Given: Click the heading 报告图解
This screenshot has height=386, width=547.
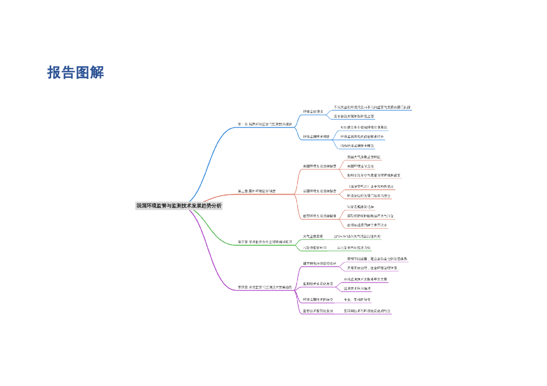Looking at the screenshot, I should pyautogui.click(x=75, y=73).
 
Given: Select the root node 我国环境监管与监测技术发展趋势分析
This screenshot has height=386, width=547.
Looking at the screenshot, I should pyautogui.click(x=178, y=205).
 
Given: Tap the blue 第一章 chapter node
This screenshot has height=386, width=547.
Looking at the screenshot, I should pyautogui.click(x=264, y=124).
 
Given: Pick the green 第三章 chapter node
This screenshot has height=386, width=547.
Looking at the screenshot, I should pyautogui.click(x=265, y=242).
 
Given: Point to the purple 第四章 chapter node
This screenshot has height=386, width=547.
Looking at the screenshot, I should pyautogui.click(x=265, y=287).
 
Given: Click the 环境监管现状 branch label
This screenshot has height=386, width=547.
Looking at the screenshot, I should pyautogui.click(x=313, y=111).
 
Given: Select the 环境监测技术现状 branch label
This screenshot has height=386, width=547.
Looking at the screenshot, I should pyautogui.click(x=317, y=136).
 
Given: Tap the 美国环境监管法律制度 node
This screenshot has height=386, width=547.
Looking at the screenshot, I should pyautogui.click(x=319, y=166).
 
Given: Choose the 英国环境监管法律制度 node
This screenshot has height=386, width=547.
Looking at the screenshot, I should pyautogui.click(x=319, y=191).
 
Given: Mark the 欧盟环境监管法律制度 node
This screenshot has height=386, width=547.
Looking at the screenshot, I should pyautogui.click(x=319, y=216).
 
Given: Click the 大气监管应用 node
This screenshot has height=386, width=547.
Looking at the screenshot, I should pyautogui.click(x=313, y=236).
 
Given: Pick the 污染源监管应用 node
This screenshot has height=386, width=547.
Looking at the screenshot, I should pyautogui.click(x=315, y=248).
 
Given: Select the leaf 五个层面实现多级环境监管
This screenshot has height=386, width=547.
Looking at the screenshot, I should pyautogui.click(x=354, y=116).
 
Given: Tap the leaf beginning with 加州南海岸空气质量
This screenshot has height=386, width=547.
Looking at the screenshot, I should pyautogui.click(x=374, y=175).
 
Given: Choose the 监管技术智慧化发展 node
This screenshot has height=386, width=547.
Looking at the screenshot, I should pyautogui.click(x=318, y=310).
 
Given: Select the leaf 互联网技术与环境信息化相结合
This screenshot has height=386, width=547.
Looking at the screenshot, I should pyautogui.click(x=367, y=310).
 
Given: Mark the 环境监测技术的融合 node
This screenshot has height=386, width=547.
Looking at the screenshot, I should pyautogui.click(x=318, y=300).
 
